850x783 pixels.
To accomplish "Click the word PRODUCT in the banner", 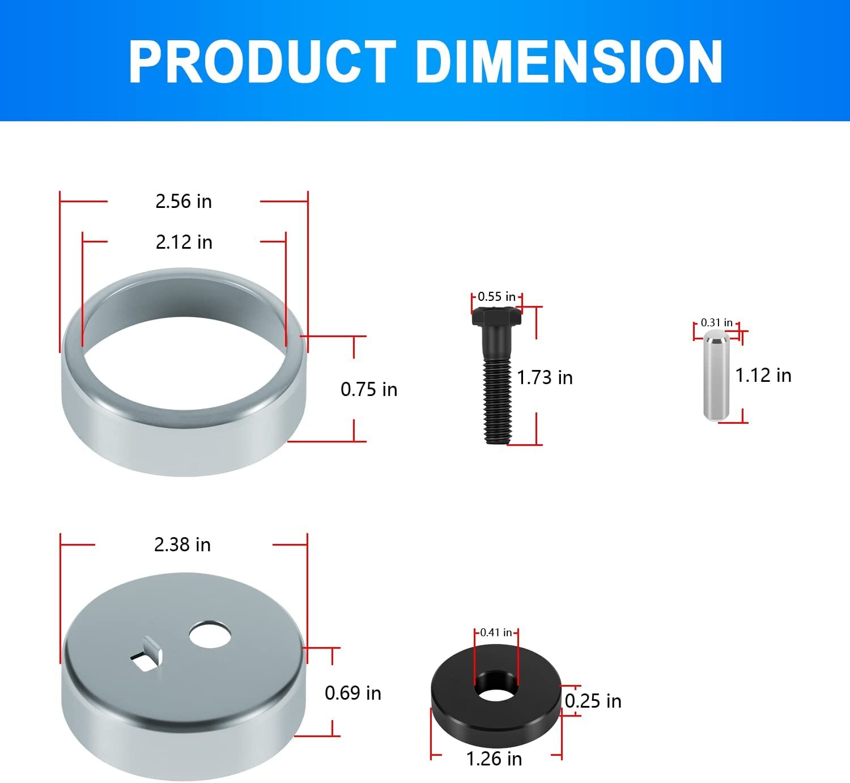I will tap(262, 62).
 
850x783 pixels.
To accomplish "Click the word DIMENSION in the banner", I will tap(569, 62).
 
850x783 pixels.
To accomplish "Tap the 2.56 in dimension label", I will tap(184, 201).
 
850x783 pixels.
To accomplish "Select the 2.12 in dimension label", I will tap(184, 242).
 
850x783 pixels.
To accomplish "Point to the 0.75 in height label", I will tap(369, 389).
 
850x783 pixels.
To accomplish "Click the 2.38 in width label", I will tap(182, 544).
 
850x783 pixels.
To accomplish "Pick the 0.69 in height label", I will tap(353, 693).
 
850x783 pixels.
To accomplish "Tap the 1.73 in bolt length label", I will tap(545, 377).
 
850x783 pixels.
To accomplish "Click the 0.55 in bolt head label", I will tap(496, 296).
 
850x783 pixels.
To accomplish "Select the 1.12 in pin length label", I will tap(763, 375).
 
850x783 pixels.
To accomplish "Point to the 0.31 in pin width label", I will tap(716, 322).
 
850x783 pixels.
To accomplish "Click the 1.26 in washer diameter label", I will tap(494, 759).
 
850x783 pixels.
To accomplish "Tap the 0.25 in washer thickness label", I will tap(593, 701).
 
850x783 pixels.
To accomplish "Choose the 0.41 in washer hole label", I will tap(496, 632).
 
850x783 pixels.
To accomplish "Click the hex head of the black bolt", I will tap(496, 317).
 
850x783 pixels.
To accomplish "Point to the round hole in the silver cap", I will tap(210, 635).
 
